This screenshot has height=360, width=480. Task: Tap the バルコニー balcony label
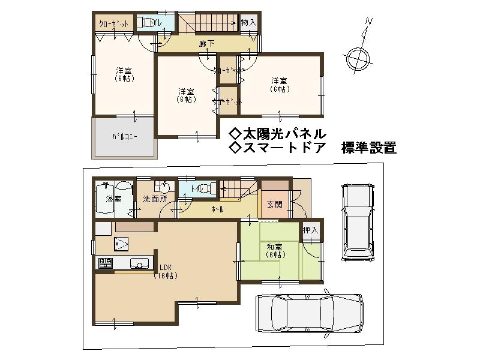(125, 137)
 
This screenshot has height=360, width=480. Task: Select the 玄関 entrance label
(275, 205)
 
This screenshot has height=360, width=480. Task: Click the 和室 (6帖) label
(275, 250)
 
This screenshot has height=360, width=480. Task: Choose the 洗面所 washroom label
(155, 199)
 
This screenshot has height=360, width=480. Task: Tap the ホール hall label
(217, 209)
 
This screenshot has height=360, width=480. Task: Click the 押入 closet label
(310, 230)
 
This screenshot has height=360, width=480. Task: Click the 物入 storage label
(248, 22)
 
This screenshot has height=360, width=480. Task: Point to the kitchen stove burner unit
(106, 263)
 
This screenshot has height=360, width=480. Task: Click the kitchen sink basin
(139, 263)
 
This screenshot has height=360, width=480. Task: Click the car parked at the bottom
(308, 313)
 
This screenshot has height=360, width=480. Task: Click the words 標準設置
(368, 148)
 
